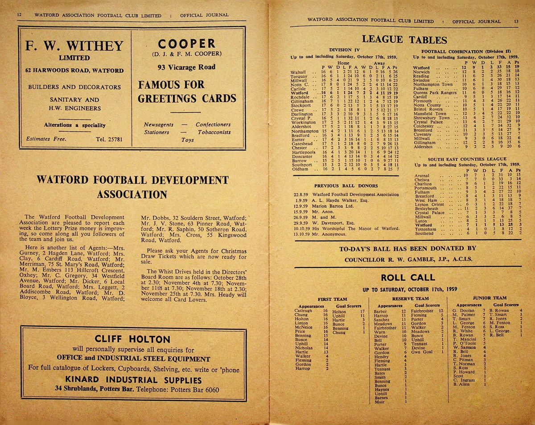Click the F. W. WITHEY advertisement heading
74,46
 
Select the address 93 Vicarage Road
186,67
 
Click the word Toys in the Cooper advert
187,140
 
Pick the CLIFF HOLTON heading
132,339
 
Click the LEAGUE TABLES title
404,39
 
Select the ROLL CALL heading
408,277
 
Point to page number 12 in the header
19,15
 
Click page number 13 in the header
516,21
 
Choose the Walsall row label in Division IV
298,72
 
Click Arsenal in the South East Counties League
423,175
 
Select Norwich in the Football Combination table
421,72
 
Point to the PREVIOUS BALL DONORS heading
346,186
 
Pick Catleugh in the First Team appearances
303,311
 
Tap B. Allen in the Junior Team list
461,384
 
